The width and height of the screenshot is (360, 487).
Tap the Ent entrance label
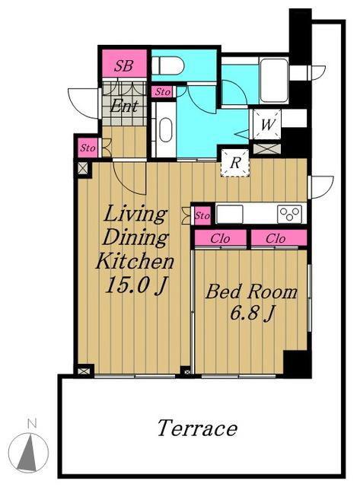point(124,107)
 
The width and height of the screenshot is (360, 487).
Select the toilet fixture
point(168,65)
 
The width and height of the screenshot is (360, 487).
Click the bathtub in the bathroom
point(274,80)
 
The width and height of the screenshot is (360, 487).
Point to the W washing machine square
point(267,124)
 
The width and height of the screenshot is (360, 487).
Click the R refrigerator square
point(235,163)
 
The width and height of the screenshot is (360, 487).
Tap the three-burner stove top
point(290,214)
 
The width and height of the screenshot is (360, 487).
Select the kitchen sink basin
point(230,214)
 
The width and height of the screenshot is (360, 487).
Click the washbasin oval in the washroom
point(166,130)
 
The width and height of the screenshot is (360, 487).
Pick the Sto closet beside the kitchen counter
point(202,215)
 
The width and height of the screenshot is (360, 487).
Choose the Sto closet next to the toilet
point(162,92)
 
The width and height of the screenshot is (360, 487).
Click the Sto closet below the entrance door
point(88,148)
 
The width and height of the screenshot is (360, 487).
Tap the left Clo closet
point(221,238)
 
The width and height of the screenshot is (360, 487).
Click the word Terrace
point(198,428)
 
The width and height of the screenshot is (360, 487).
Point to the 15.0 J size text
point(137,285)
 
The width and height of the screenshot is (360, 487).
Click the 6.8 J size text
point(252,313)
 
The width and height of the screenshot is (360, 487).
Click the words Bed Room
point(251,292)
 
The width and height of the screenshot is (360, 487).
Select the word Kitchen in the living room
point(135,262)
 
